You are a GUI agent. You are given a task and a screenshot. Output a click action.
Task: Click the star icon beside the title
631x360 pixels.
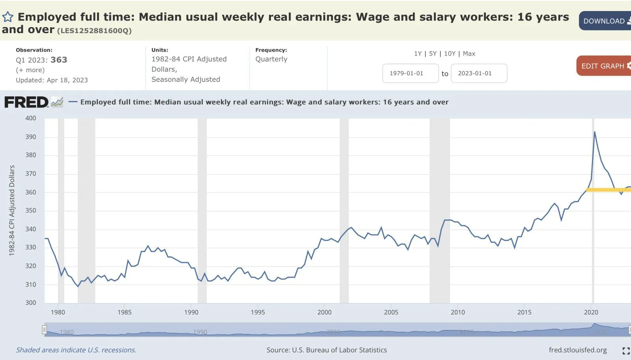point(8,17)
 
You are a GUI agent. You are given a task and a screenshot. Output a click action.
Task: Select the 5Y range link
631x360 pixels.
point(433,54)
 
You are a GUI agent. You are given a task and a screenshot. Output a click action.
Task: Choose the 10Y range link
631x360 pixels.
point(450,54)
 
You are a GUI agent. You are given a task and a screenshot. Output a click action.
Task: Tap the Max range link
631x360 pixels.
point(469,54)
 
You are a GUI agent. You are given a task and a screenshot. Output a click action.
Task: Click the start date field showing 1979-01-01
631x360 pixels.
point(410,73)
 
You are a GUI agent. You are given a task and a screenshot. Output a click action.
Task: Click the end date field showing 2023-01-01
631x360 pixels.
point(478,73)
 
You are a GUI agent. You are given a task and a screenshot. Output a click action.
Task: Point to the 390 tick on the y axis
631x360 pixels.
point(30,137)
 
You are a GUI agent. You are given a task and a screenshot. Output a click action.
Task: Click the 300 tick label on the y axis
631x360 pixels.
point(30,302)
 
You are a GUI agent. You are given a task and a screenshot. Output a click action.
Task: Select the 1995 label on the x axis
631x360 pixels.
point(258,312)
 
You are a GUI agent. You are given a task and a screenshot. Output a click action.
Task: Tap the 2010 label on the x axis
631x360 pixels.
point(457,312)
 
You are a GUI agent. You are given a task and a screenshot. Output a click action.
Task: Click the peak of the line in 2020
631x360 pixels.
point(594,132)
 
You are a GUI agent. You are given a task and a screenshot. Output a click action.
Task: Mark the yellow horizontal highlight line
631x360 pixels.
point(607,190)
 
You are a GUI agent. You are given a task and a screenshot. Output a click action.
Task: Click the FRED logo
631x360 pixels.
point(26,103)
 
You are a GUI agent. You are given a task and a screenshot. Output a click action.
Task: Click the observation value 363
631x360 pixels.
point(59,60)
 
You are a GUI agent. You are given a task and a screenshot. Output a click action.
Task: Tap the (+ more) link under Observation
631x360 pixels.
point(30,70)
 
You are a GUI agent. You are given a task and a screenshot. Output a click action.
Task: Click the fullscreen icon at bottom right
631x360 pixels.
point(626,351)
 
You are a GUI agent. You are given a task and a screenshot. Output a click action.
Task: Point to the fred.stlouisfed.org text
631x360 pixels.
point(577,350)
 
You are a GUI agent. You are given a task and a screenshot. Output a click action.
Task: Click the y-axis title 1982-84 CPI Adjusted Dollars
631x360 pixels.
point(12,210)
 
